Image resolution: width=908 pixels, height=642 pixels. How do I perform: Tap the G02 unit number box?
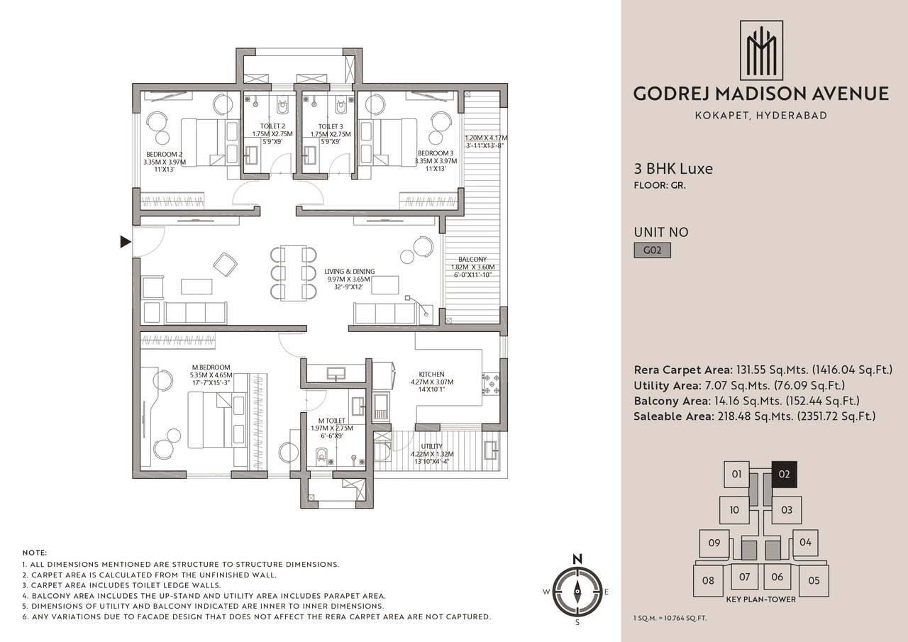pyautogui.click(x=652, y=250)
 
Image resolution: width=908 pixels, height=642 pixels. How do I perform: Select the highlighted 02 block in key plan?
pyautogui.click(x=784, y=474)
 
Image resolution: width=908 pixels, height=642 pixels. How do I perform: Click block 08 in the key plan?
pyautogui.click(x=708, y=580)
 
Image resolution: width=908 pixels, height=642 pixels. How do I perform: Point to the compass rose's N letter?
pyautogui.click(x=577, y=558)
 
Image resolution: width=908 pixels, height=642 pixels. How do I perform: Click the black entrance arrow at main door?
pyautogui.click(x=126, y=243)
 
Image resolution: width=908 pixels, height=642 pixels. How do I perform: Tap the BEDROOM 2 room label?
pyautogui.click(x=165, y=154)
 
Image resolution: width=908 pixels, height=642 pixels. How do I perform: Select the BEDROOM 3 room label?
pyautogui.click(x=436, y=153)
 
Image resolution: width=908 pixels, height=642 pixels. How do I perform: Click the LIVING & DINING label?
pyautogui.click(x=349, y=272)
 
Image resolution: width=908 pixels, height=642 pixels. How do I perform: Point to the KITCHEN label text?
pyautogui.click(x=431, y=375)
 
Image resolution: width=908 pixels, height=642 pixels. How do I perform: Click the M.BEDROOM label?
pyautogui.click(x=211, y=367)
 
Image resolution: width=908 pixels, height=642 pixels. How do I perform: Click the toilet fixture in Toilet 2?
pyautogui.click(x=282, y=108)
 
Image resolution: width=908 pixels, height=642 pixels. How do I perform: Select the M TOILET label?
pyautogui.click(x=331, y=421)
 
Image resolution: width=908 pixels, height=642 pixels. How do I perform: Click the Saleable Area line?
pyautogui.click(x=754, y=416)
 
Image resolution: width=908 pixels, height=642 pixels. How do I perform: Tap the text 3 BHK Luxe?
pyautogui.click(x=673, y=169)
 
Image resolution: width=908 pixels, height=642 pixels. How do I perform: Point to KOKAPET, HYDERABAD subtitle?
pyautogui.click(x=760, y=116)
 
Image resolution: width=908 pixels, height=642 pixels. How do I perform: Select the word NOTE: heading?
pyautogui.click(x=35, y=552)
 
